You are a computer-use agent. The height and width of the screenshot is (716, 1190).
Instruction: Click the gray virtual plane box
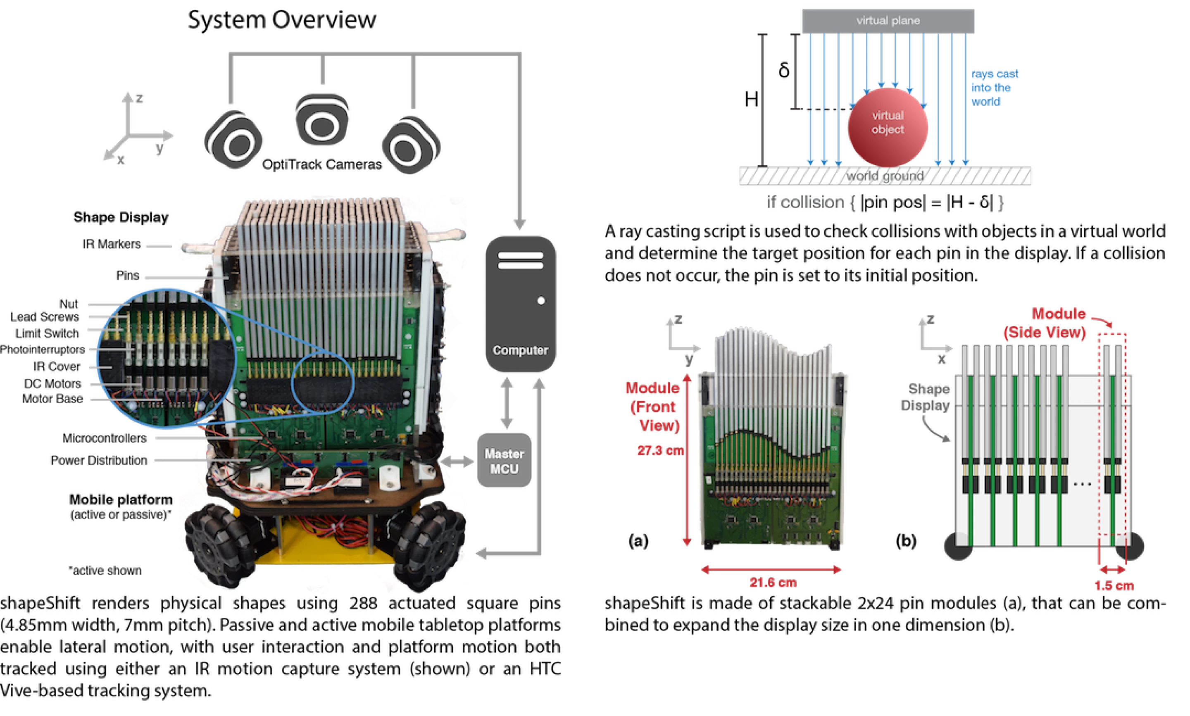click(888, 21)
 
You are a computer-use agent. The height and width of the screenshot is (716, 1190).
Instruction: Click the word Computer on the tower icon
click(520, 350)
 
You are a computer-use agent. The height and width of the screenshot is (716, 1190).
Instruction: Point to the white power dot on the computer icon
click(541, 301)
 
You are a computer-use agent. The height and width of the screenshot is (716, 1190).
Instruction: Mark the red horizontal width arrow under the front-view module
click(772, 571)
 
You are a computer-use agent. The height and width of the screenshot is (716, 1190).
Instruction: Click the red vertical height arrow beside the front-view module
click(688, 462)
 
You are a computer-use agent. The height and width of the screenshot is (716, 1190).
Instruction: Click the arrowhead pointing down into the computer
click(519, 224)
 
